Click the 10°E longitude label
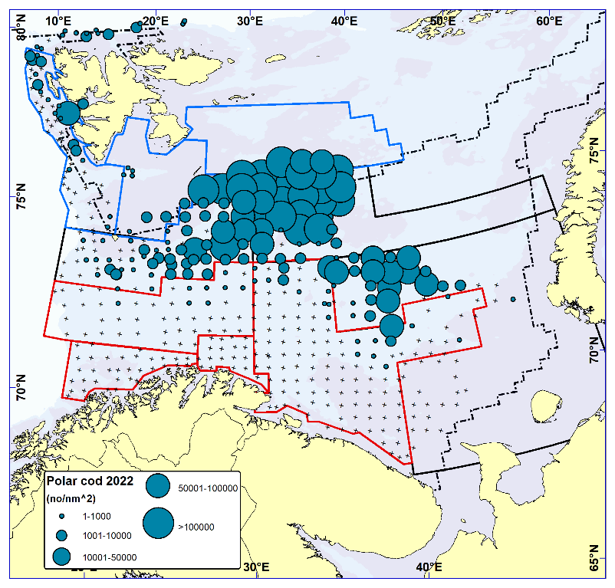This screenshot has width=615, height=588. (x=59, y=18)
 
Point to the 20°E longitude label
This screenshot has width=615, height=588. (x=156, y=18)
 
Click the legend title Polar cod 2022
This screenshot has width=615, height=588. (x=90, y=481)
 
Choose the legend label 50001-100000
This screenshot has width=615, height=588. (x=209, y=487)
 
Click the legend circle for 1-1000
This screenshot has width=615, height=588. (x=61, y=516)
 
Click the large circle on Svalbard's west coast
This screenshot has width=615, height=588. (x=68, y=113)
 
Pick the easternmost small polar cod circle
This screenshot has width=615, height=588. (x=512, y=300)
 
